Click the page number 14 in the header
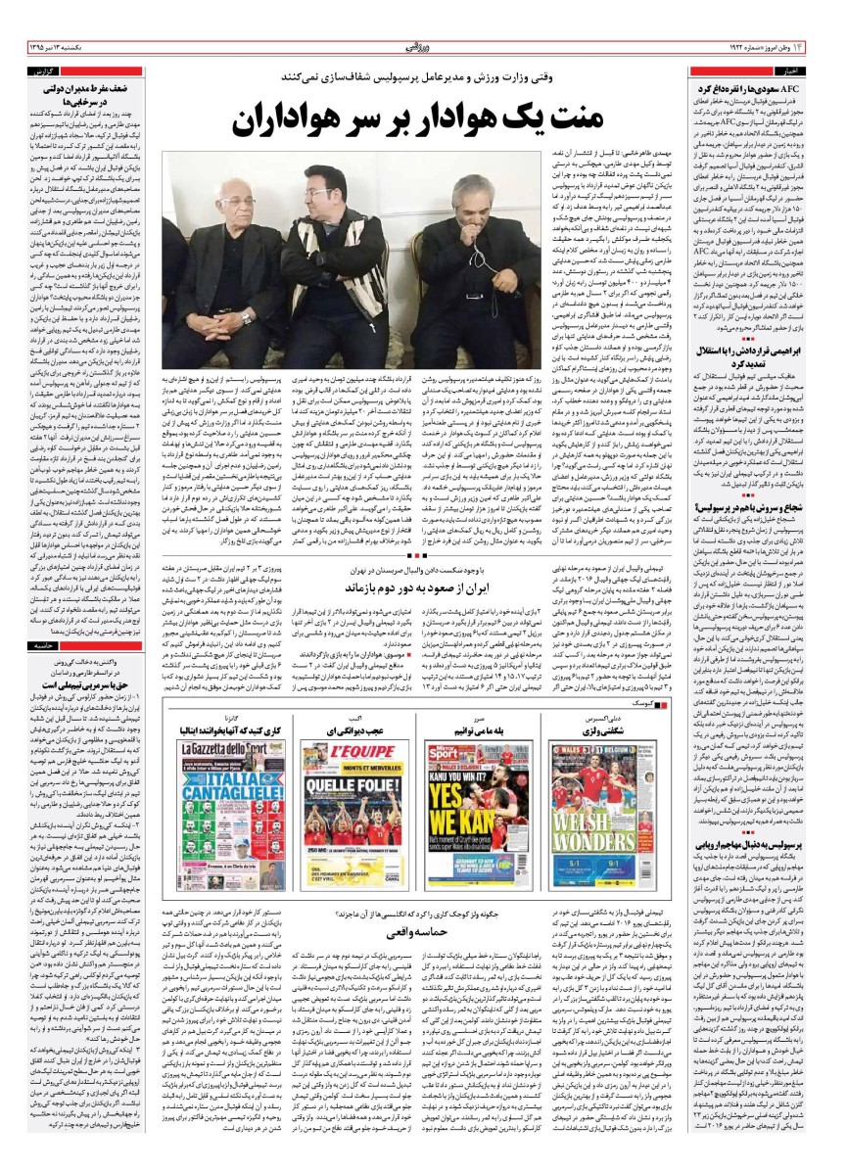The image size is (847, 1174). [x=829, y=46]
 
